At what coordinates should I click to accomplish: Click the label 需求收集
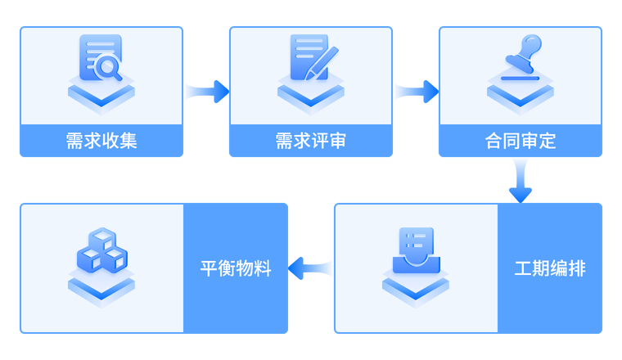pos(101,141)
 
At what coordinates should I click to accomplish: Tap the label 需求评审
pos(311,141)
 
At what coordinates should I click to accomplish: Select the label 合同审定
pos(521,141)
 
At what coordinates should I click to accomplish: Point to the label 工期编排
pos(550,268)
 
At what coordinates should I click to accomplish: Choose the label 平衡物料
pos(236,268)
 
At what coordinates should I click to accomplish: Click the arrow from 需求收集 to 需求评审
pos(206,90)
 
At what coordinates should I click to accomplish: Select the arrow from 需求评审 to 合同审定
pos(416,90)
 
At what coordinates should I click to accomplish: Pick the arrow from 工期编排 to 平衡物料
pos(311,268)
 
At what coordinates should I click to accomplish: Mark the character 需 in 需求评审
pos(285,141)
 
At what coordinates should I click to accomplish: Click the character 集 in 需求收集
pos(128,141)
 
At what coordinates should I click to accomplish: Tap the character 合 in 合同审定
pos(494,141)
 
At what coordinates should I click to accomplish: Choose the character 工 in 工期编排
pos(524,268)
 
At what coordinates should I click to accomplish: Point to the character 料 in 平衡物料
pos(262,268)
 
